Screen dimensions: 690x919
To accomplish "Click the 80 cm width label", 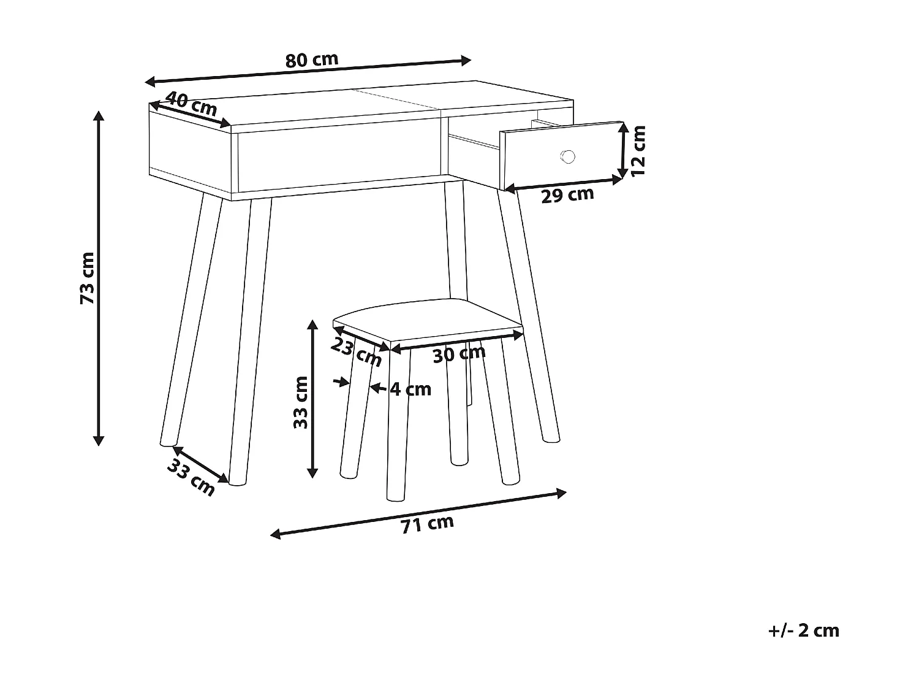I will coord(311,59).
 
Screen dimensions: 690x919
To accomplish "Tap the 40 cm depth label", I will coord(191,104).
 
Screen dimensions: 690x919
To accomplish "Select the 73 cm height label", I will coord(88,278).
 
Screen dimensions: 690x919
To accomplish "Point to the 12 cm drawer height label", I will coord(639,151).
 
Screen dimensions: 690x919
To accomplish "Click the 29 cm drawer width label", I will coord(567,194).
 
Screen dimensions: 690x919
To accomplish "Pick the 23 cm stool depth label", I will coord(356,352).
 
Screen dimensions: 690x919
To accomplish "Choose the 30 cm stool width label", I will coord(459,353).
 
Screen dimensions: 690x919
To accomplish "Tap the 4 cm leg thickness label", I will coord(411,389).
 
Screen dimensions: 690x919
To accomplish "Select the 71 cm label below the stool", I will coord(427,523).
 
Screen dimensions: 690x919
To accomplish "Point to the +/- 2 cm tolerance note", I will coord(803,631).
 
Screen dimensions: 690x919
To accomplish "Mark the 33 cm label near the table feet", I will coord(191,477).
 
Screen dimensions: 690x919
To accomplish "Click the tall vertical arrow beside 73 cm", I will coord(98,278).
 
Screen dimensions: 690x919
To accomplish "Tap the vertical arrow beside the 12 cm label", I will coord(623,150).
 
